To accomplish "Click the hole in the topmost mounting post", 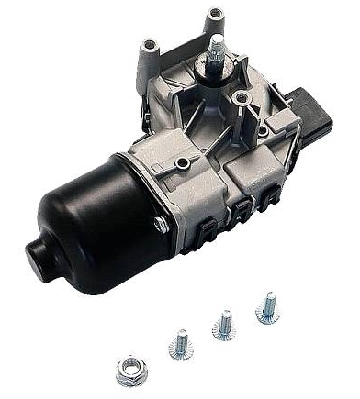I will pos(216,12).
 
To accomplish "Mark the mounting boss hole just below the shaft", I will pos(242,94).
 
